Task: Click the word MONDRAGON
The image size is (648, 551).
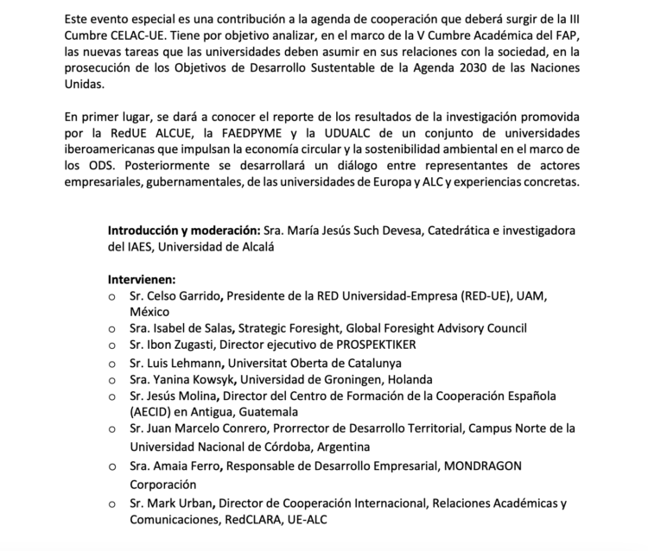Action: (486, 466)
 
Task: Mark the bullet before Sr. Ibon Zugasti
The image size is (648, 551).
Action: (111, 346)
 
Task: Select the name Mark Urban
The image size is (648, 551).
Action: (182, 503)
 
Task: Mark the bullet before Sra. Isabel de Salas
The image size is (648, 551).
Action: (111, 329)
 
